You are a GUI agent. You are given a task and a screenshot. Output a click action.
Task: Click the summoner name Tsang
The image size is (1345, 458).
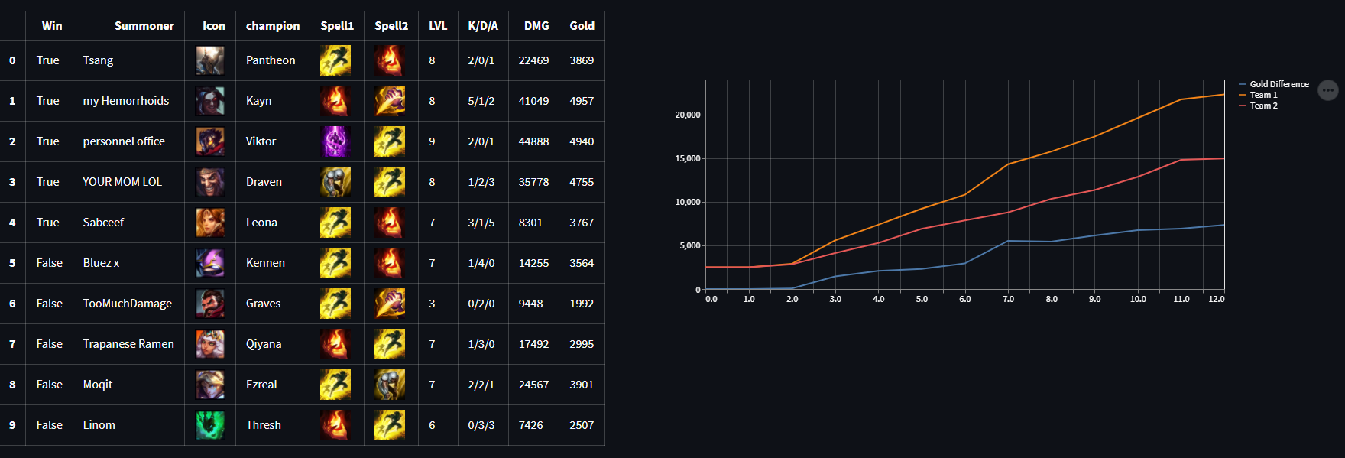[x=98, y=60]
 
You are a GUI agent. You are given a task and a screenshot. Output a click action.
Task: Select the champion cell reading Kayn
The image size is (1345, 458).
[x=259, y=101]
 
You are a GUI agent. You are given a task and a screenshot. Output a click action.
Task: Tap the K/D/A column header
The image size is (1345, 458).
[x=483, y=26]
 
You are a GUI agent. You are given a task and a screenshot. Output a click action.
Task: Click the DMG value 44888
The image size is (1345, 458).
[x=533, y=141]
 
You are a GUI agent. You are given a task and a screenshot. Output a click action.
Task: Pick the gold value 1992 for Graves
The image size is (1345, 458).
[x=582, y=304]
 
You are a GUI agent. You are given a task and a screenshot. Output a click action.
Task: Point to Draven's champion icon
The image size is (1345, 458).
[x=210, y=182]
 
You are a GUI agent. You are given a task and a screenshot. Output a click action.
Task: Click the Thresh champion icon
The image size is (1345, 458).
[x=210, y=425]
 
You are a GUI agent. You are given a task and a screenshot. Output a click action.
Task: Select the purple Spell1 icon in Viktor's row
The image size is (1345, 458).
[x=335, y=141]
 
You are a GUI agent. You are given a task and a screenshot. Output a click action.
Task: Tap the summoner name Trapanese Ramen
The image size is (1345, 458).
[x=128, y=344]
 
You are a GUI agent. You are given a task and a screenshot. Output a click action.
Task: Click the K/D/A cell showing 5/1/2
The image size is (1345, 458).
[x=481, y=101]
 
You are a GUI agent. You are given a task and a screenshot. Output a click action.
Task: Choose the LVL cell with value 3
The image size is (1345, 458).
[x=432, y=304]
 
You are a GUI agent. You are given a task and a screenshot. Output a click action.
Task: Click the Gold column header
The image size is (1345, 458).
[x=582, y=26]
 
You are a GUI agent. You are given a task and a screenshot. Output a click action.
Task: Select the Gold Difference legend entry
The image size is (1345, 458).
[x=1279, y=84]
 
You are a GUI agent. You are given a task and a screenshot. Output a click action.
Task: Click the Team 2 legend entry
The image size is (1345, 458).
[x=1263, y=106]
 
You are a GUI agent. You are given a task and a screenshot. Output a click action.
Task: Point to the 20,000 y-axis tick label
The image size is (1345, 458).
[x=687, y=115]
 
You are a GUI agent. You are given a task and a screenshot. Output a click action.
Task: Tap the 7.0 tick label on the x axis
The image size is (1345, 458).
[x=1008, y=299]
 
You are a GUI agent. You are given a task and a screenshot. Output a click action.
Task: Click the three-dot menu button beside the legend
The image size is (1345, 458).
[x=1328, y=90]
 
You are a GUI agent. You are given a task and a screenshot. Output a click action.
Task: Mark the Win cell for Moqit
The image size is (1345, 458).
[x=50, y=385]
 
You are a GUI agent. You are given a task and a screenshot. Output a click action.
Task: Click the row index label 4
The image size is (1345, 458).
[x=12, y=223]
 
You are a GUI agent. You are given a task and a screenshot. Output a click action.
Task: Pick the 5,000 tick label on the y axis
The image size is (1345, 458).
[x=689, y=246]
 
